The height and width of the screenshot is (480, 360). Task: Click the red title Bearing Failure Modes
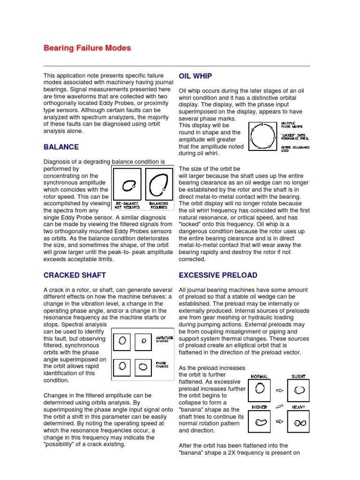[87, 48]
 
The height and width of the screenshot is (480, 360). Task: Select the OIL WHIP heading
[195, 76]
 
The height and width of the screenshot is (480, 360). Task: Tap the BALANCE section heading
[61, 147]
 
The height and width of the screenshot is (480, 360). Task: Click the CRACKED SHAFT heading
[75, 275]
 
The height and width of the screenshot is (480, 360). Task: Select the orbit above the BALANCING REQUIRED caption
[158, 184]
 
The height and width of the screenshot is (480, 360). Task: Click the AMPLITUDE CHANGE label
[164, 339]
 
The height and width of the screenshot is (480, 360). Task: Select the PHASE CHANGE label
[162, 364]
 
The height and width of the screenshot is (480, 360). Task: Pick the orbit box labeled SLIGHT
[299, 389]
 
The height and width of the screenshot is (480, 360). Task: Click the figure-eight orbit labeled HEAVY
[299, 422]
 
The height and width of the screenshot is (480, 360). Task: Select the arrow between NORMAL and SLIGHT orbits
[279, 390]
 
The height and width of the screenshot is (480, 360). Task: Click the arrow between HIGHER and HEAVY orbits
[279, 421]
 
